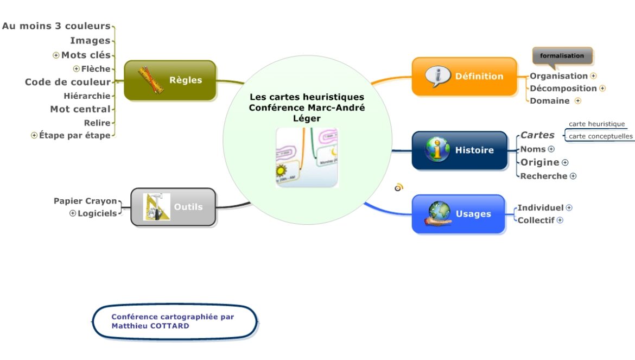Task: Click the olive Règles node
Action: pos(170,80)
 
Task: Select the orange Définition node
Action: pos(464,77)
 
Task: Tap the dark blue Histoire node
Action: pos(460,150)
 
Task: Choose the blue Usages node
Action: pos(459,214)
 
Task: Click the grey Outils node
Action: pos(174,207)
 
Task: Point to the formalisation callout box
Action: pos(562,56)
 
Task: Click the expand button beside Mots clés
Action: pos(56,55)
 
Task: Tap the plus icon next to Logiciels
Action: pos(73,213)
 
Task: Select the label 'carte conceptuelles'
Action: pos(600,136)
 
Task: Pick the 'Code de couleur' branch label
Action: pos(67,82)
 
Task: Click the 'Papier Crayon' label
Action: pos(85,201)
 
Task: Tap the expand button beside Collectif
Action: pos(560,220)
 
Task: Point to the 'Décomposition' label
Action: pos(563,88)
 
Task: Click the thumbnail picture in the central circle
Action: pos(307,158)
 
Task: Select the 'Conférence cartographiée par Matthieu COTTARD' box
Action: pos(174,321)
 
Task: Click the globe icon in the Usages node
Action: pos(438,213)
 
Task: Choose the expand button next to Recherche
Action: pos(573,176)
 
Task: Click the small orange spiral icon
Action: pos(399,187)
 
